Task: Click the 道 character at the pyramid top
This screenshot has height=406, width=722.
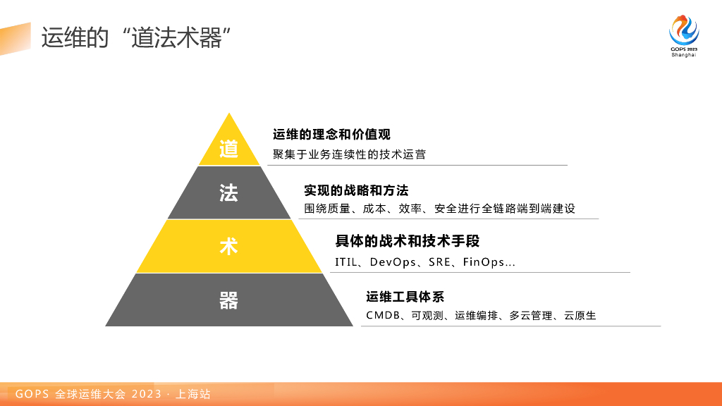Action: [x=229, y=149]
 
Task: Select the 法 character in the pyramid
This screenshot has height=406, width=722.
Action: [x=229, y=193]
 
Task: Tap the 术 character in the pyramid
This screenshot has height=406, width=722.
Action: [x=229, y=247]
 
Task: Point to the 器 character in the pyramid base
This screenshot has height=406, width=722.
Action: [x=229, y=300]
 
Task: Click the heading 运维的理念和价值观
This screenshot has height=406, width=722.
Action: [x=331, y=135]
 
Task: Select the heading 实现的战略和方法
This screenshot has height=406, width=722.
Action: [x=356, y=190]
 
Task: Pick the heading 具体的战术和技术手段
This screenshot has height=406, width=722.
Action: [x=408, y=241]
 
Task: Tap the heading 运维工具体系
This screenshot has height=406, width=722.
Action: [x=405, y=297]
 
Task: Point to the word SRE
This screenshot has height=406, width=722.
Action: [x=439, y=262]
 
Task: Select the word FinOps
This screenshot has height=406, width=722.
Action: [x=484, y=262]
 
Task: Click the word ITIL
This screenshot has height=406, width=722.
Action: [x=345, y=262]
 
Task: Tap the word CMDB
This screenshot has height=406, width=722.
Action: [x=383, y=315]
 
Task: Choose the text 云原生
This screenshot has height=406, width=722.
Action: [x=580, y=315]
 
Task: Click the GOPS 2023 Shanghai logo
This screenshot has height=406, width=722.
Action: [x=684, y=36]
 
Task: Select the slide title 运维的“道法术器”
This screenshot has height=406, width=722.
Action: [x=136, y=37]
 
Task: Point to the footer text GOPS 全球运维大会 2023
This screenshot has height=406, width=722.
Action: [x=88, y=394]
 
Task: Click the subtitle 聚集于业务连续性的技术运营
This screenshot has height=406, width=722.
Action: [x=350, y=154]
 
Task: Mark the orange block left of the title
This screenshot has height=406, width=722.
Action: [x=16, y=39]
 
